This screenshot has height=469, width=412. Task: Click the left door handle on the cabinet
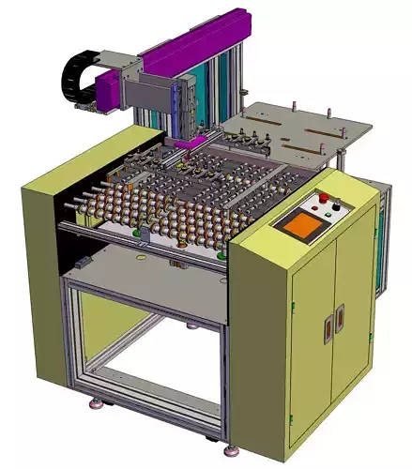(328, 327)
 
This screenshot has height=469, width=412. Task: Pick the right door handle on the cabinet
(339, 324)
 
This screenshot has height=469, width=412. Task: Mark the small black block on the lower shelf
(84, 260)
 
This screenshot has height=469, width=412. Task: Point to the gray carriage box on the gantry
(150, 95)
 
